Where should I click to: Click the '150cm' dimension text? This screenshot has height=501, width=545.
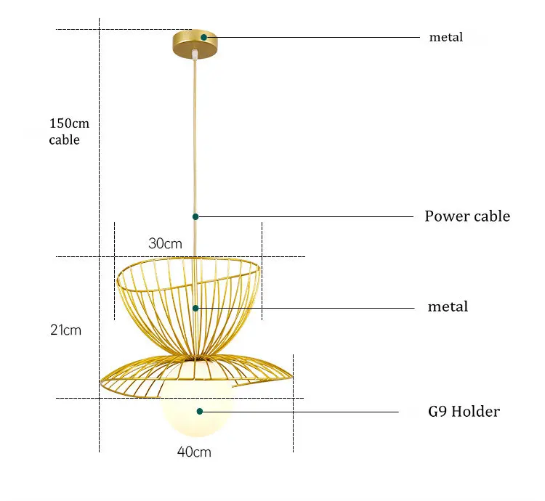pyautogui.click(x=69, y=123)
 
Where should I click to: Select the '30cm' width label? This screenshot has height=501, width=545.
pyautogui.click(x=165, y=244)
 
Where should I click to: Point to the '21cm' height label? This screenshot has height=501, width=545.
pyautogui.click(x=65, y=330)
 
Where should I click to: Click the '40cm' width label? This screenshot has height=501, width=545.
pyautogui.click(x=194, y=452)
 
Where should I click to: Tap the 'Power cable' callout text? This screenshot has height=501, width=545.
pyautogui.click(x=467, y=216)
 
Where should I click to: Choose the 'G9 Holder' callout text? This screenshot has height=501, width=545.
pyautogui.click(x=464, y=412)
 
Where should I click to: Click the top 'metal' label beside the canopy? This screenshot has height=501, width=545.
pyautogui.click(x=445, y=37)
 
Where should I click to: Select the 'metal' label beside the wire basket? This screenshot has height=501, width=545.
pyautogui.click(x=448, y=306)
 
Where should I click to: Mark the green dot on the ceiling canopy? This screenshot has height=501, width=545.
pyautogui.click(x=204, y=37)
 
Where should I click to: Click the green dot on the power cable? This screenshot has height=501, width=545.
pyautogui.click(x=195, y=216)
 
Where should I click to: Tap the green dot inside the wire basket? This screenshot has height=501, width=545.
pyautogui.click(x=195, y=308)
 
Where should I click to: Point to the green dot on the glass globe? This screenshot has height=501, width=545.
pyautogui.click(x=199, y=412)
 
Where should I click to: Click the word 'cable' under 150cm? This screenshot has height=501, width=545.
pyautogui.click(x=64, y=140)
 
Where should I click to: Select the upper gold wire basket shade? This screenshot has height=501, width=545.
pyautogui.click(x=156, y=298)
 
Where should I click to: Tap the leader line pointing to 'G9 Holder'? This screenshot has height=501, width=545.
pyautogui.click(x=305, y=412)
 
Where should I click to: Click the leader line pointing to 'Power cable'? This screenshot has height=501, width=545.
pyautogui.click(x=305, y=216)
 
